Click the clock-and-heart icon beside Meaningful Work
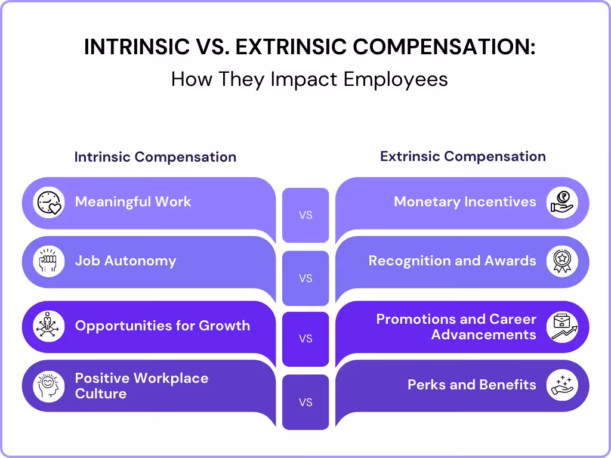point(49,202)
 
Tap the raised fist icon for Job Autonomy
point(49,262)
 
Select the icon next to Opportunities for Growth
point(49,326)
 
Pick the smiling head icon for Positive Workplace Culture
point(49,386)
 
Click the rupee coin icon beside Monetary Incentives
point(561,202)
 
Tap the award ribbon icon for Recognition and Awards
point(561,262)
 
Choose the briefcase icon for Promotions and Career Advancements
point(561,326)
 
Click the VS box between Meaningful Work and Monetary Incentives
point(305,215)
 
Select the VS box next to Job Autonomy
point(305,278)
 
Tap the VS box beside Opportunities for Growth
point(305,339)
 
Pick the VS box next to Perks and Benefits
point(305,402)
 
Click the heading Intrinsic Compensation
point(155,157)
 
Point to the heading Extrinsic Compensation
point(462,157)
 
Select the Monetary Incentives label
point(465,202)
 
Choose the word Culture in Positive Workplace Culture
point(101,394)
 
